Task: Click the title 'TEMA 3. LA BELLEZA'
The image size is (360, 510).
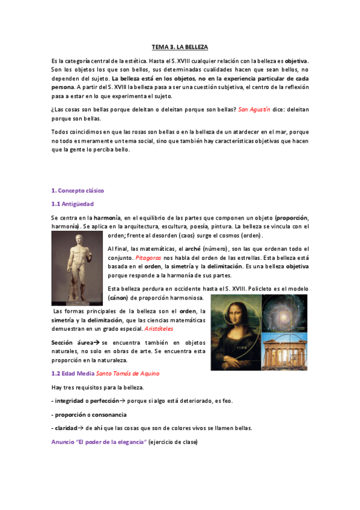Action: click(180, 47)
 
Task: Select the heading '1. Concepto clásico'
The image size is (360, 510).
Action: click(78, 190)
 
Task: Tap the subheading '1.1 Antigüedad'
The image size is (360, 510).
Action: click(72, 204)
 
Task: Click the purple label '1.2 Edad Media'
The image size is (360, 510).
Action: click(70, 373)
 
